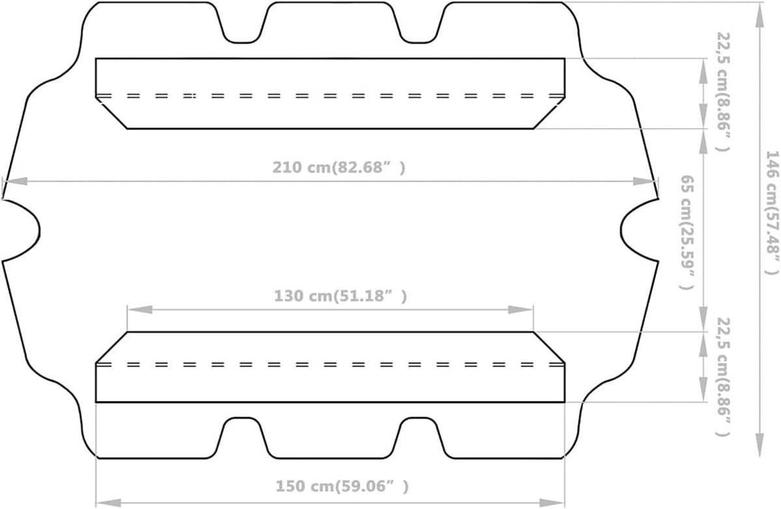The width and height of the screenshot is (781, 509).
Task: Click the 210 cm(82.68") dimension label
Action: [x=338, y=168]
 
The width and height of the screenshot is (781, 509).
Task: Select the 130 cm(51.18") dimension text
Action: [x=340, y=296]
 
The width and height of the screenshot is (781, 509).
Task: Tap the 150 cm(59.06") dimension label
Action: [x=342, y=486]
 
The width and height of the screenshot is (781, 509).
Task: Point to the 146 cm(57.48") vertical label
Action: [x=772, y=213]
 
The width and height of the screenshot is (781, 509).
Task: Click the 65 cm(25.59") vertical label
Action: [x=687, y=232]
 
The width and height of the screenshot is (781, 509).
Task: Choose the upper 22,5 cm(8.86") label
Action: [x=723, y=92]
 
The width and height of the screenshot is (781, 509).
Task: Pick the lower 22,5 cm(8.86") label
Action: [x=723, y=377]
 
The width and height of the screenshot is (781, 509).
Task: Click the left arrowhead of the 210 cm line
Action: [x=16, y=182]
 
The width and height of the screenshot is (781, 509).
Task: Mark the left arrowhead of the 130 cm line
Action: [x=140, y=310]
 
